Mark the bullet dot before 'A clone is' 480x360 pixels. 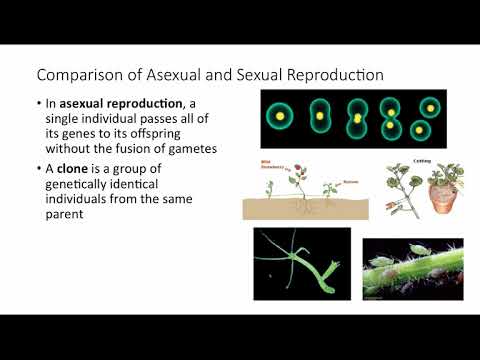[x=40, y=167]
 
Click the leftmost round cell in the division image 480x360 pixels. [x=281, y=116]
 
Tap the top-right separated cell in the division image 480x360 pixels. [x=429, y=106]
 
